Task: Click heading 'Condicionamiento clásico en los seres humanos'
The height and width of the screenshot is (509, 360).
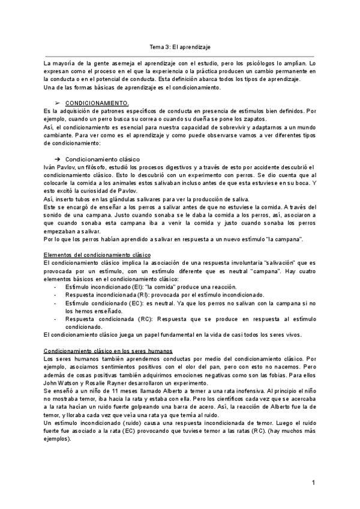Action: point(109,351)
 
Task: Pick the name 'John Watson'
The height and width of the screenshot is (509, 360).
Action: point(62,382)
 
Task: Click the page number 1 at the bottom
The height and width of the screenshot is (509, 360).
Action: point(314,483)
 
